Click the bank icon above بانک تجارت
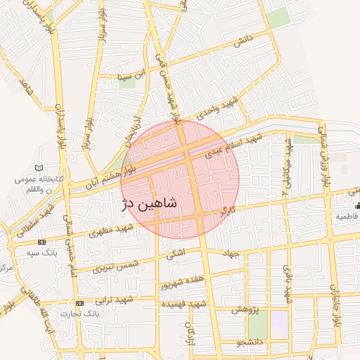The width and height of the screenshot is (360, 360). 79,302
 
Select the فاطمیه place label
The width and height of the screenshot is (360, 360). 347,217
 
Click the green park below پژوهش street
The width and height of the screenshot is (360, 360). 257,328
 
